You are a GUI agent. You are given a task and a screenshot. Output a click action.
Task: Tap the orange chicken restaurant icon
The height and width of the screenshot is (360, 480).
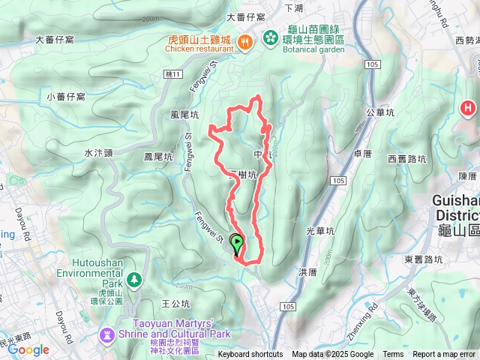(x=244, y=42)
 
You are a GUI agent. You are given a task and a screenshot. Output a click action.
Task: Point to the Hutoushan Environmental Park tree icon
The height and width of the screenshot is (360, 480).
(x=133, y=280)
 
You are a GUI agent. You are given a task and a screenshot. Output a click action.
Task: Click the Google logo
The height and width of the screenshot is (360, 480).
(x=28, y=349)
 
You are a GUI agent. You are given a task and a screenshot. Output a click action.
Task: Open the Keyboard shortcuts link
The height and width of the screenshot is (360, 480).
(x=250, y=355)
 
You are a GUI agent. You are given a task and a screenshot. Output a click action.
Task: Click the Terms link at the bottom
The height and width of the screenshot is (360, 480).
(x=393, y=355)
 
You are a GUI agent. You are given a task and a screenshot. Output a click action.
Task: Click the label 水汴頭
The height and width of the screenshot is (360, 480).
(x=98, y=152)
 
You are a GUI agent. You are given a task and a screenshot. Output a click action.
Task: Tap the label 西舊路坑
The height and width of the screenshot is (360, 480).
(x=407, y=158)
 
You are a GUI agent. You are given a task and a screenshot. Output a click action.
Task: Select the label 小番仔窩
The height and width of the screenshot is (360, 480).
(x=65, y=97)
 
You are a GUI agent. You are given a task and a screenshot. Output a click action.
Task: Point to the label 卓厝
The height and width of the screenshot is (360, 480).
(x=362, y=153)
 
